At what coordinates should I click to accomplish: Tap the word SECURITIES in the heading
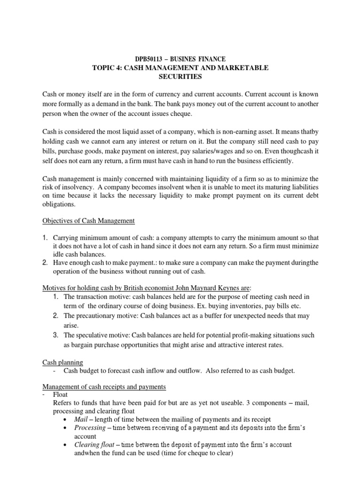pyautogui.click(x=180, y=76)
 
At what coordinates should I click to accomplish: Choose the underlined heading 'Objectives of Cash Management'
pyautogui.click(x=88, y=220)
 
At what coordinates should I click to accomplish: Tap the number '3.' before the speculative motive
pyautogui.click(x=55, y=335)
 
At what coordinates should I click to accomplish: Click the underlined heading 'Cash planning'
pyautogui.click(x=63, y=362)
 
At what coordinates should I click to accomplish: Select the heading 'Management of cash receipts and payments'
pyautogui.click(x=104, y=387)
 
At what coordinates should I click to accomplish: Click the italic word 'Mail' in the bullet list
pyautogui.click(x=82, y=419)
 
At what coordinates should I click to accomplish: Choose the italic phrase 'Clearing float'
pyautogui.click(x=93, y=445)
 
